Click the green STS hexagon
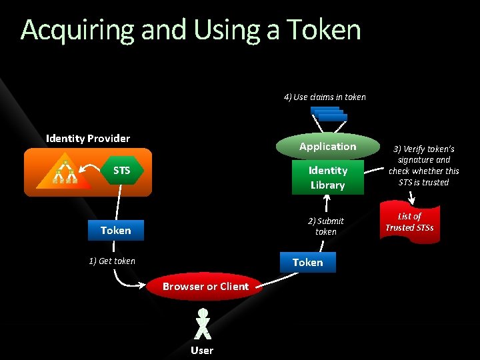(122, 171)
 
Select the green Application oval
(327, 147)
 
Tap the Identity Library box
(327, 177)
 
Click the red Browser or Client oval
(205, 287)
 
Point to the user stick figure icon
(203, 324)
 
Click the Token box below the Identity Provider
(116, 230)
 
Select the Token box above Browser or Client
(307, 262)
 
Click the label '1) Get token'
(112, 261)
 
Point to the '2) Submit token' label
(325, 226)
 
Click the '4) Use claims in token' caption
(325, 97)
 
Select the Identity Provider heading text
(88, 138)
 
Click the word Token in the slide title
(323, 30)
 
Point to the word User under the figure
(202, 350)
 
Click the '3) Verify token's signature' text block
(424, 165)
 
